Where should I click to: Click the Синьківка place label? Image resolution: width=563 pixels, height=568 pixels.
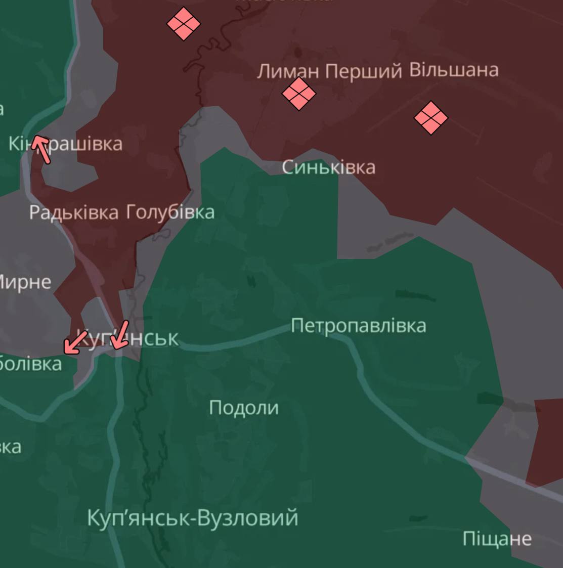(328, 167)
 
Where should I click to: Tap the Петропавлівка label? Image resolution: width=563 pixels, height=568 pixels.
(358, 325)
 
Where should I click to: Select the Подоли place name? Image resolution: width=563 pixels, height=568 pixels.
(243, 408)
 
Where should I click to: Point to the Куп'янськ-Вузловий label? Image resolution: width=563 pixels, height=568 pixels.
(193, 518)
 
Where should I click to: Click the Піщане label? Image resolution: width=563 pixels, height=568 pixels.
(497, 539)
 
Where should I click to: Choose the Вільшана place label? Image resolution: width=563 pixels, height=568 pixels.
(453, 69)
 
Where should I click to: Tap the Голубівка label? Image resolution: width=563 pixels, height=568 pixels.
(169, 211)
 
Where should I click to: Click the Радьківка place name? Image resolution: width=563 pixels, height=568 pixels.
(74, 212)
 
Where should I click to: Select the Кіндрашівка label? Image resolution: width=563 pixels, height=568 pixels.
(66, 144)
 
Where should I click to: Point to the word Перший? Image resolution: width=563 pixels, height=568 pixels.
(363, 71)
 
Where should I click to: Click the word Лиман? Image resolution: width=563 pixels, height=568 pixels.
(288, 71)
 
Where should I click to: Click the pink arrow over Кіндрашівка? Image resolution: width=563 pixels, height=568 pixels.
(41, 149)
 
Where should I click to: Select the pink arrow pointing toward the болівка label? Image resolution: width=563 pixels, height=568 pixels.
(75, 342)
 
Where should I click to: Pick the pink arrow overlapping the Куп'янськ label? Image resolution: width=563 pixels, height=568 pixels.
(120, 335)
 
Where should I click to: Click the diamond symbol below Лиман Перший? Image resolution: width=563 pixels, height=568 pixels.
(299, 94)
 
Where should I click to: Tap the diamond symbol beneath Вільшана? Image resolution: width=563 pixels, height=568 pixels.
(431, 118)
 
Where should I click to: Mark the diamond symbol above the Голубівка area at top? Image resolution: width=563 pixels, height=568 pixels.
(184, 23)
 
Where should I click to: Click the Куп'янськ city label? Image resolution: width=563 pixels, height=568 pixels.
(127, 338)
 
